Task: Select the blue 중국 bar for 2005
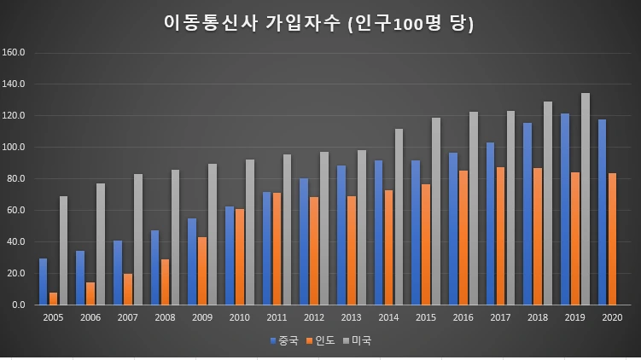click(44, 282)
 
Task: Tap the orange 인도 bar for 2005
click(54, 299)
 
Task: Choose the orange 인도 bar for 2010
click(240, 257)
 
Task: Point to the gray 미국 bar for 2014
click(399, 217)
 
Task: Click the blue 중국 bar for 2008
click(155, 267)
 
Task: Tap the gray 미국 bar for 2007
click(137, 239)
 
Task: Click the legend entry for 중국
click(284, 340)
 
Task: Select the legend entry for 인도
click(321, 340)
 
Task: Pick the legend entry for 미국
click(358, 340)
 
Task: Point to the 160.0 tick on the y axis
click(15, 53)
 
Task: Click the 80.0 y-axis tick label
click(17, 178)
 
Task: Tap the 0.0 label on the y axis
click(20, 305)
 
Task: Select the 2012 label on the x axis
click(314, 317)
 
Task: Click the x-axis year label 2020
click(612, 317)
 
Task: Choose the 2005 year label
click(53, 317)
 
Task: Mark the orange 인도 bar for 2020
click(613, 239)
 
